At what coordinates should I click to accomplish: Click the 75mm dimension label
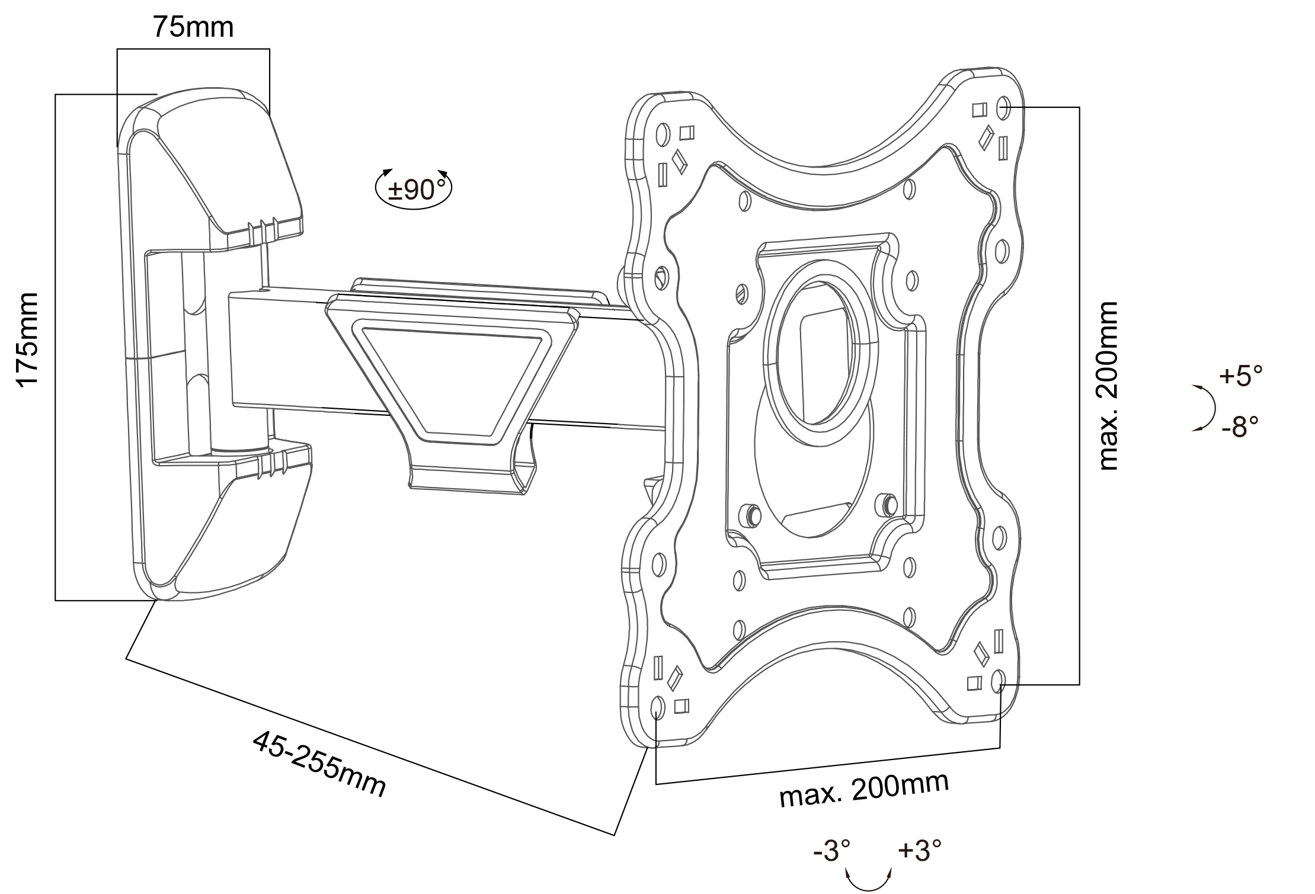pyautogui.click(x=193, y=27)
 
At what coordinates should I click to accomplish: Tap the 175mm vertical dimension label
pyautogui.click(x=28, y=339)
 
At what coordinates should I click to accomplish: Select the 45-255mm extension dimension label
pyautogui.click(x=319, y=764)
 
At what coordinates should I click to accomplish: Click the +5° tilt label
pyautogui.click(x=1240, y=376)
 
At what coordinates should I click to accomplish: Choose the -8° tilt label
pyautogui.click(x=1240, y=426)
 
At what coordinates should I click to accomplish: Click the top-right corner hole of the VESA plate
pyautogui.click(x=1004, y=108)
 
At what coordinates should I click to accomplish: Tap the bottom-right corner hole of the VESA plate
pyautogui.click(x=997, y=681)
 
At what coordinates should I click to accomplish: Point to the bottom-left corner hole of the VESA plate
pyautogui.click(x=657, y=707)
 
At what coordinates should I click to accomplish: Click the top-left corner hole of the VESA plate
pyautogui.click(x=663, y=135)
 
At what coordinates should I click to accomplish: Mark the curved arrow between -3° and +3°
pyautogui.click(x=869, y=882)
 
